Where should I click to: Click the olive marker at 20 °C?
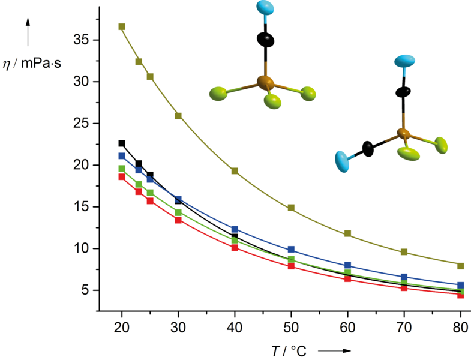[x=122, y=27]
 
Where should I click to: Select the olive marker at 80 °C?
[x=461, y=266]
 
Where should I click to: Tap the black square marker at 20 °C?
[x=122, y=143]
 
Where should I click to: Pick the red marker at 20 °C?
[x=122, y=177]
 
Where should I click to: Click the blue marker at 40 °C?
[x=235, y=229]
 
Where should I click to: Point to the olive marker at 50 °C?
[x=291, y=208]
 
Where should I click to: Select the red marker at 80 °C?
[x=461, y=295]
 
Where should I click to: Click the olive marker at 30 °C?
[x=178, y=116]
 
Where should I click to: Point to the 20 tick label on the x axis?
[x=122, y=328]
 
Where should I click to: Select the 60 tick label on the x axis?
[x=348, y=328]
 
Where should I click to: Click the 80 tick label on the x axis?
[x=461, y=328]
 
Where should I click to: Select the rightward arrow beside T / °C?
[x=334, y=350]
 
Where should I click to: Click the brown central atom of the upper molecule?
[x=265, y=82]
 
